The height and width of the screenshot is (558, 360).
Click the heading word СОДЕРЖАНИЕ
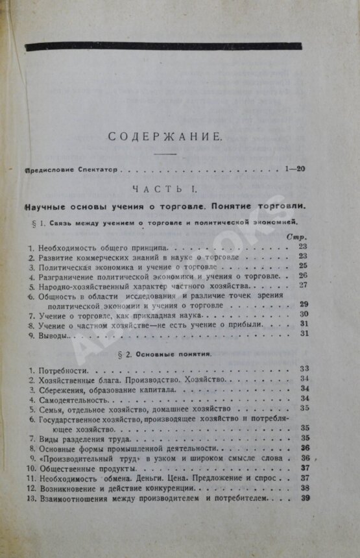point(165,137)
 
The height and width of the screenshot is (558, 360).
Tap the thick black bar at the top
point(162,47)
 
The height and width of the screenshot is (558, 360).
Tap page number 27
point(304,284)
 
